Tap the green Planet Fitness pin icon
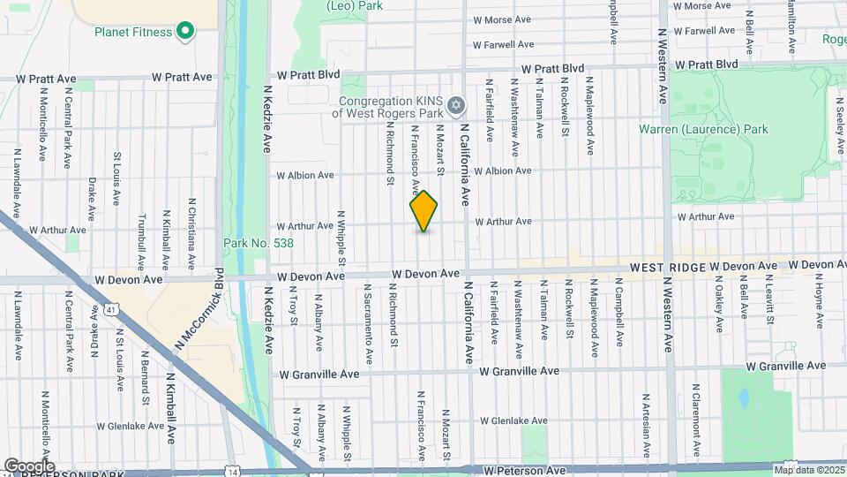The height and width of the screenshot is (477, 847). point(184,33)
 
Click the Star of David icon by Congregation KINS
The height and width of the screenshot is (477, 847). point(455,107)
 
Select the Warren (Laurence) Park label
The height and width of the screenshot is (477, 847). point(703,130)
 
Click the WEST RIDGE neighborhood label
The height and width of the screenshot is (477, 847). point(666,266)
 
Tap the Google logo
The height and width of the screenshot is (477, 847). point(29,466)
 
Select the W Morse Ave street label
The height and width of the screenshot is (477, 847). point(502,19)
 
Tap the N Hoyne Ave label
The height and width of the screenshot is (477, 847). point(819,297)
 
